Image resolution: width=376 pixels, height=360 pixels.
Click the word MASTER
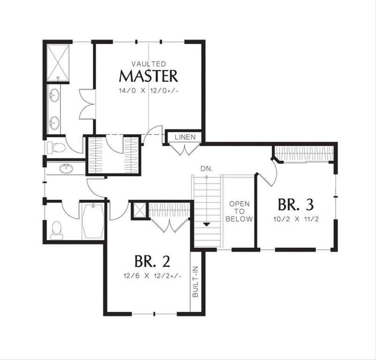(x=149, y=76)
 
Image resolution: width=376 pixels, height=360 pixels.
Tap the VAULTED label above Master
(x=149, y=64)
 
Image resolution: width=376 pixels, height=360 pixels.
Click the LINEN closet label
(x=185, y=137)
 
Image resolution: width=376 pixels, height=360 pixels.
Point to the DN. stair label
(x=207, y=169)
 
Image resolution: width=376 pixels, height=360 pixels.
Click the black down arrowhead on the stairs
(x=207, y=225)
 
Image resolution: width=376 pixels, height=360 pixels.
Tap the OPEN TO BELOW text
(x=239, y=211)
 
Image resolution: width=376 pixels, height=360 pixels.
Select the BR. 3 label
(x=296, y=205)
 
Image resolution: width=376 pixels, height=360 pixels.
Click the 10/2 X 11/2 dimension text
(x=296, y=219)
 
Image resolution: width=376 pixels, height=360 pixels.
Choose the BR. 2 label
(x=152, y=261)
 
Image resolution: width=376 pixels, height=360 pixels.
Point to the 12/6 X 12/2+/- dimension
(x=152, y=276)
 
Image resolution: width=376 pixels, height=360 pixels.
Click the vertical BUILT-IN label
(x=196, y=282)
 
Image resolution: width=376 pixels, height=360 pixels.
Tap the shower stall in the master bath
(x=58, y=63)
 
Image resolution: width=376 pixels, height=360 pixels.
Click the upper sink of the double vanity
(x=54, y=96)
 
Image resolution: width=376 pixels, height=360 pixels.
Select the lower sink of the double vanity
(x=54, y=123)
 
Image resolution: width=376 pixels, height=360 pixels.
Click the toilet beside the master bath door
(x=56, y=147)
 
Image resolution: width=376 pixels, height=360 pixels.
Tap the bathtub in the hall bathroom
(x=93, y=221)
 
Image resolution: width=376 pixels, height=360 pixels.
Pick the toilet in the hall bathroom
(x=57, y=230)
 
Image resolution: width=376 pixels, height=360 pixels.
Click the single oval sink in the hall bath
(x=66, y=168)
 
